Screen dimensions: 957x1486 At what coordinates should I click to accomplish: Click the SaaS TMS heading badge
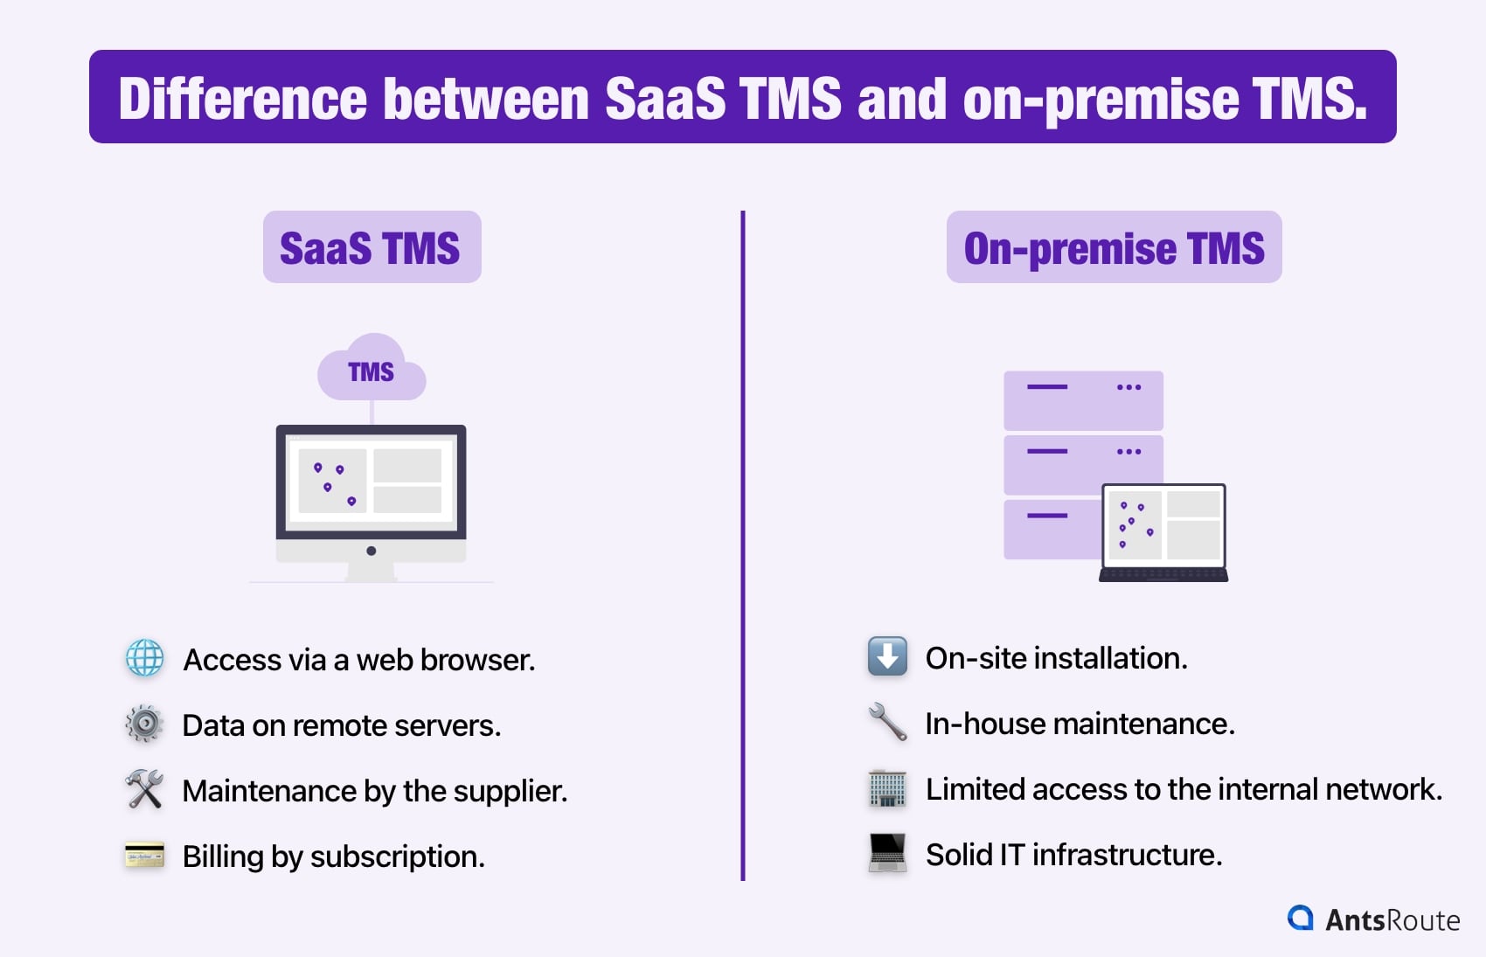click(x=371, y=247)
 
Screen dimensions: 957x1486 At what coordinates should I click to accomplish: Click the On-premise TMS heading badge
click(x=1114, y=247)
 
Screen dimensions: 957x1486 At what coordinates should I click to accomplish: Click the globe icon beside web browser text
click(x=144, y=659)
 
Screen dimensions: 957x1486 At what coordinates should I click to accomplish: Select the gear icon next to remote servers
click(x=144, y=725)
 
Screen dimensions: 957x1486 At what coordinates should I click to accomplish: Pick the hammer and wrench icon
click(x=144, y=789)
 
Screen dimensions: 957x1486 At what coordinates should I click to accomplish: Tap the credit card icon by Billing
click(x=144, y=855)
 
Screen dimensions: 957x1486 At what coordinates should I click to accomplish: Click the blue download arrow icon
click(x=887, y=657)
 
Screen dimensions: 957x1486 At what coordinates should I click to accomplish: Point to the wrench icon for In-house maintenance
click(x=887, y=723)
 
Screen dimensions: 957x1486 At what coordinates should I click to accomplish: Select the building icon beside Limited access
click(x=887, y=788)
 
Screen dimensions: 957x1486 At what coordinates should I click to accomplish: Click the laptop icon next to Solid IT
click(x=887, y=853)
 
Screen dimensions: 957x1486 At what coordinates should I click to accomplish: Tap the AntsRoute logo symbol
click(x=1301, y=919)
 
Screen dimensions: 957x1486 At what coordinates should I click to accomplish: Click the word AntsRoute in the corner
click(x=1392, y=920)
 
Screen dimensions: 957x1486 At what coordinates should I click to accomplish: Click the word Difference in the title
click(x=242, y=99)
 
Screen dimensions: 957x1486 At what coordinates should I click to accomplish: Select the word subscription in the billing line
click(x=397, y=856)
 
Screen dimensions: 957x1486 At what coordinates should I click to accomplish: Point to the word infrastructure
click(x=1127, y=855)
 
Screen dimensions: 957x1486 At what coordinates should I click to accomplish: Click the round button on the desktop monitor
click(x=371, y=551)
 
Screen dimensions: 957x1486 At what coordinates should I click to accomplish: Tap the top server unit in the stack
click(x=1083, y=399)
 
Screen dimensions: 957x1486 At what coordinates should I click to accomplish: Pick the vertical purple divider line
click(x=743, y=542)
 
